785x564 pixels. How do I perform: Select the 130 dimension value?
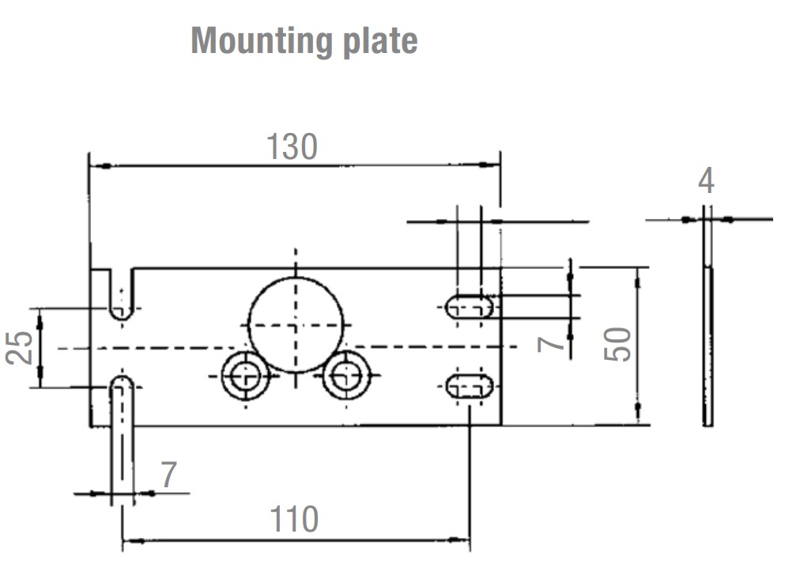pyautogui.click(x=292, y=147)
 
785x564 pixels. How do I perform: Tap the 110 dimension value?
pyautogui.click(x=294, y=520)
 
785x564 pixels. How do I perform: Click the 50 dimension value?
pyautogui.click(x=619, y=344)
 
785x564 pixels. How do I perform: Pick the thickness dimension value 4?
pyautogui.click(x=706, y=181)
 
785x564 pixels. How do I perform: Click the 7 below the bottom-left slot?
pyautogui.click(x=168, y=475)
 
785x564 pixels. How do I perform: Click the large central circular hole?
pyautogui.click(x=296, y=324)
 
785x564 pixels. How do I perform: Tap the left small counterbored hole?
pyautogui.click(x=246, y=376)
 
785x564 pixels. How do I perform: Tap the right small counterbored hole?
pyautogui.click(x=346, y=376)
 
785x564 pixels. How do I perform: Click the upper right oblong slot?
pyautogui.click(x=470, y=307)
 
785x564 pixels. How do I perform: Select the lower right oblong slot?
pyautogui.click(x=470, y=387)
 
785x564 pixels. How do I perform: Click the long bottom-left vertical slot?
pyautogui.click(x=122, y=435)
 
